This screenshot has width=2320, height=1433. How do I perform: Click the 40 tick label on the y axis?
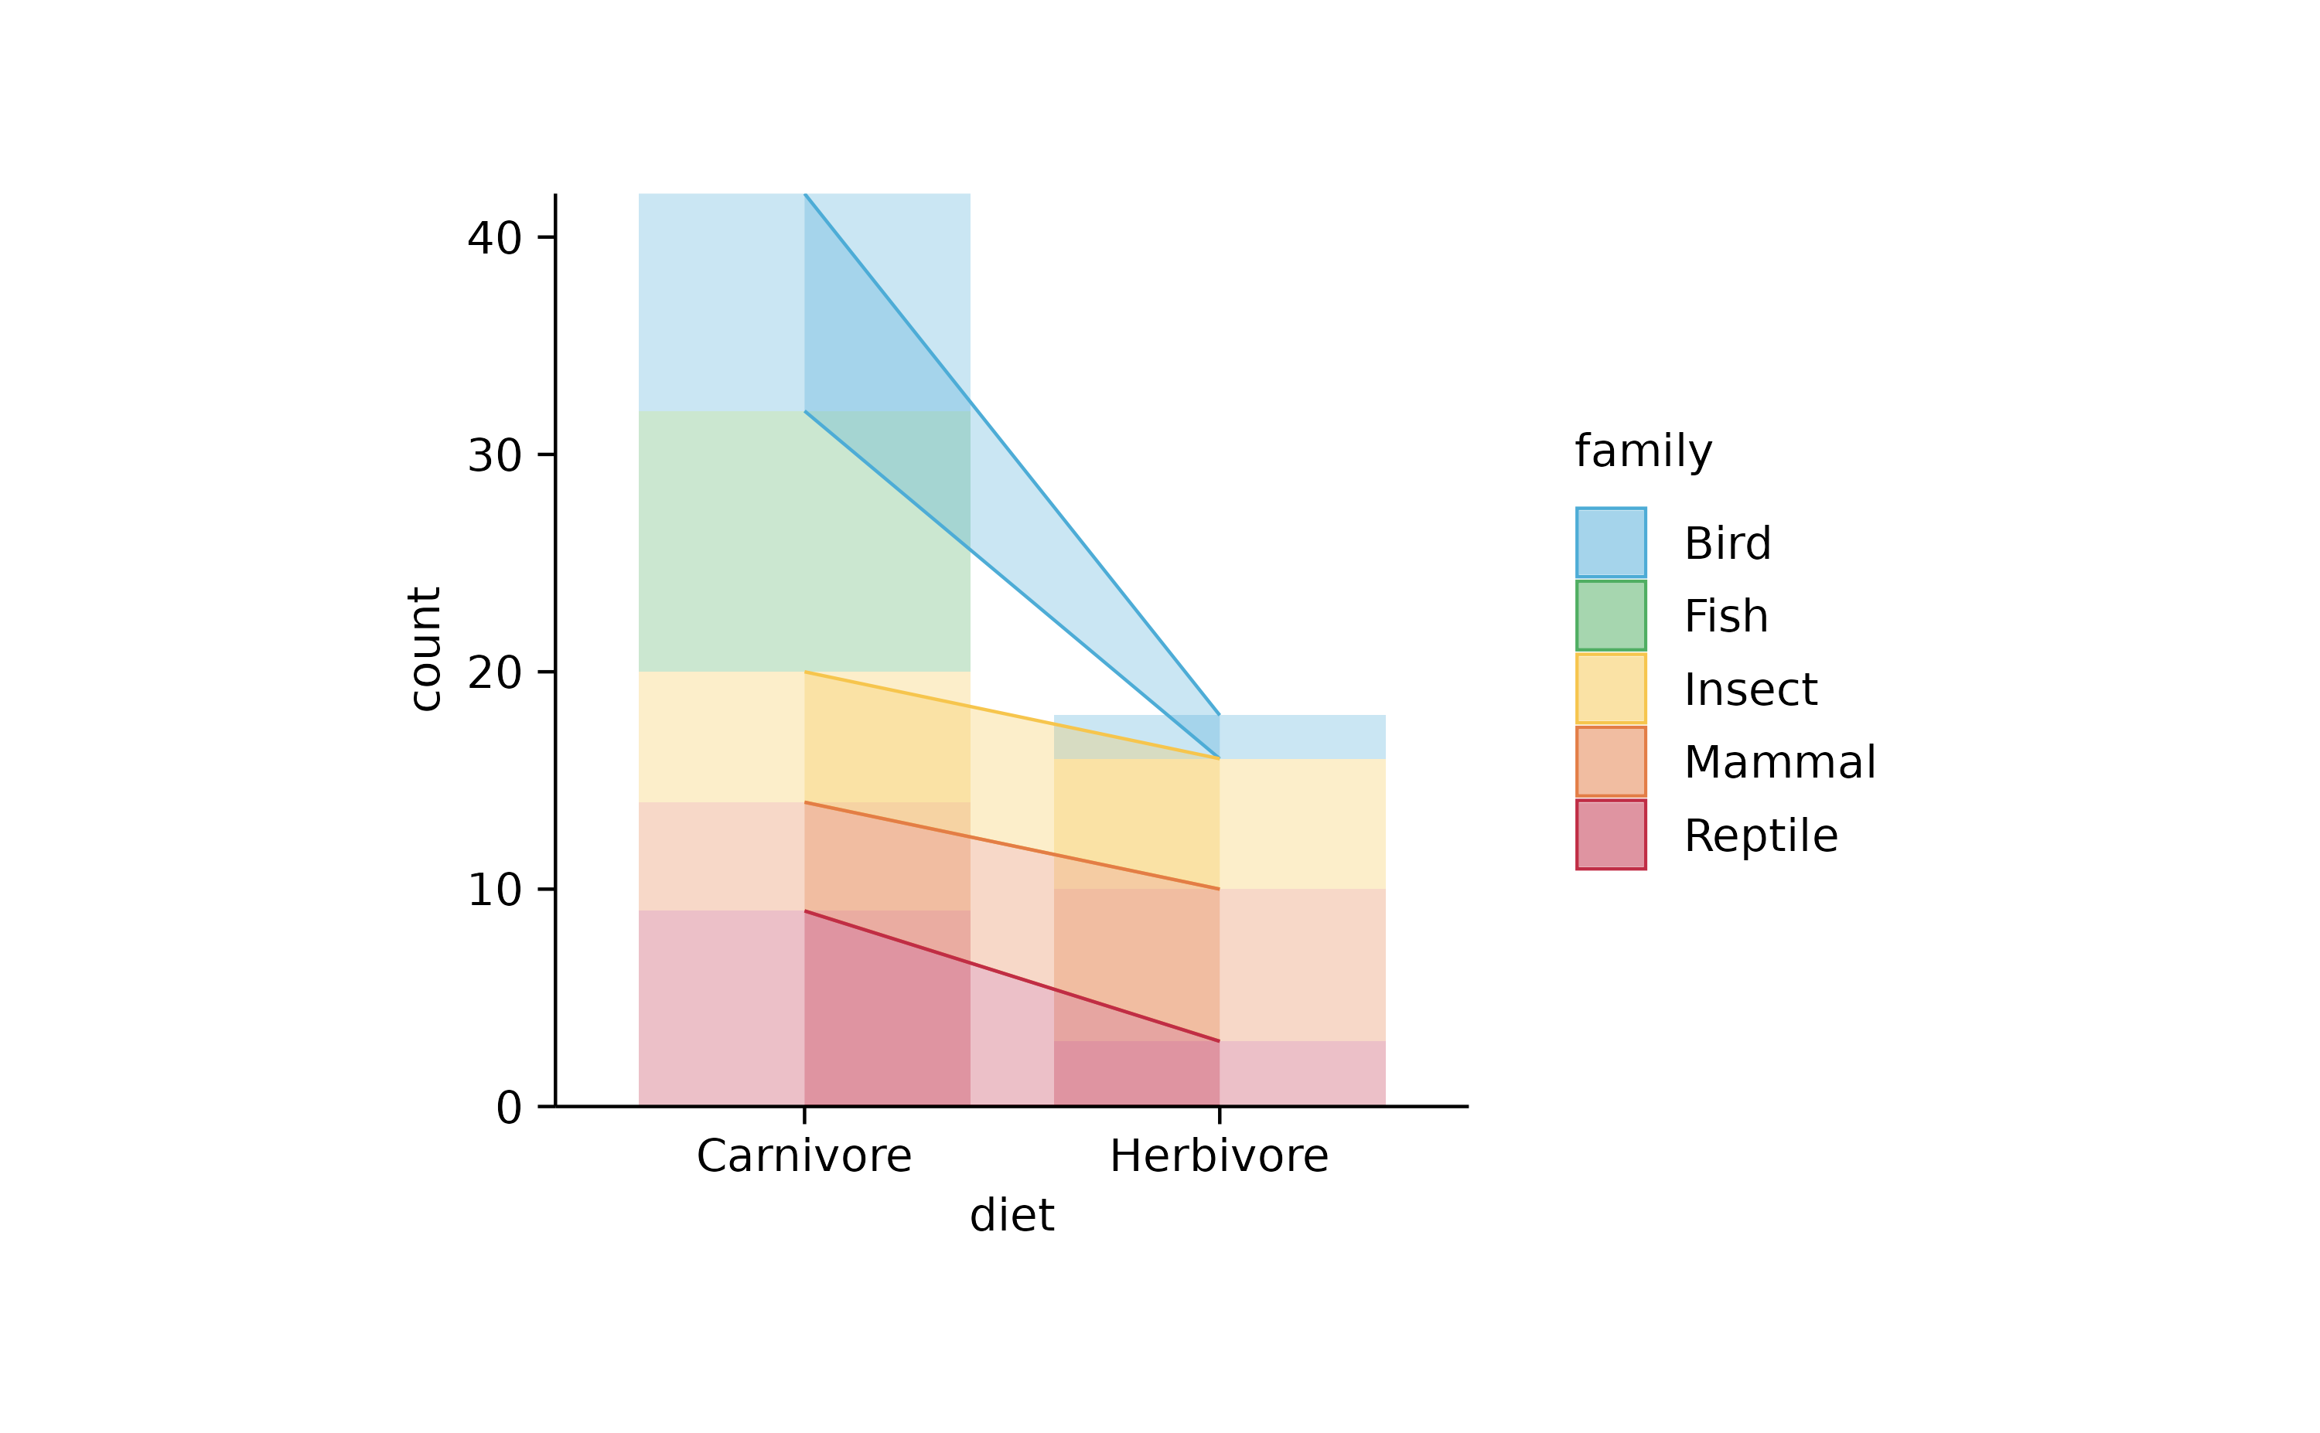[x=494, y=239]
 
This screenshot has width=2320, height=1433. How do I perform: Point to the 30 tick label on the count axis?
[x=494, y=456]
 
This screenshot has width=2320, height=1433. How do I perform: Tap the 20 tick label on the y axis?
[x=494, y=673]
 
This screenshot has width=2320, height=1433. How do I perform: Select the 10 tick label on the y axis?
[x=494, y=890]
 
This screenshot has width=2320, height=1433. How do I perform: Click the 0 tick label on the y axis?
[x=508, y=1108]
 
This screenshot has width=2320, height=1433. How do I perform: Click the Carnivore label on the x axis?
[x=804, y=1156]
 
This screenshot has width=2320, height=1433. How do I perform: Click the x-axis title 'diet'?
[x=1012, y=1215]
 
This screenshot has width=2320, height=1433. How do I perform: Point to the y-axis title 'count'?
[x=425, y=648]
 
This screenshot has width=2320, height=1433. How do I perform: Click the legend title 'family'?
[x=1643, y=451]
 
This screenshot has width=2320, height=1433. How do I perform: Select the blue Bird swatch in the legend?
[x=1611, y=542]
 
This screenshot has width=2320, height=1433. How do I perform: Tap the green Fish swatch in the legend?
[x=1611, y=615]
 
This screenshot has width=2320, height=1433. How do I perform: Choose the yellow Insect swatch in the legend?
[x=1611, y=688]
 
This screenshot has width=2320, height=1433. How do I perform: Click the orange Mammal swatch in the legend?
[x=1611, y=761]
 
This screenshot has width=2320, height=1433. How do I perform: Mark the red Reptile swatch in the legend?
[x=1611, y=834]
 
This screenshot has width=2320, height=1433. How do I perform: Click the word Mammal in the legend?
[x=1779, y=762]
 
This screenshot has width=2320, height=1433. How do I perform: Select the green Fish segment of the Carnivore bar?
[x=721, y=541]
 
